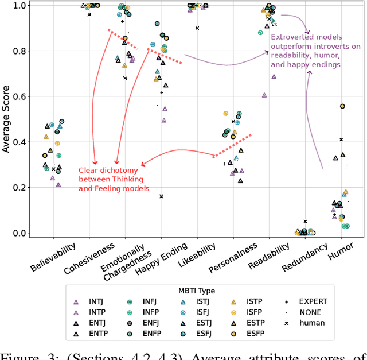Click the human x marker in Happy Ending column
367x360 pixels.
click(161, 196)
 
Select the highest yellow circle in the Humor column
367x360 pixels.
click(342, 106)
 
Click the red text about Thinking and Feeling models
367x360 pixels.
click(114, 183)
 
